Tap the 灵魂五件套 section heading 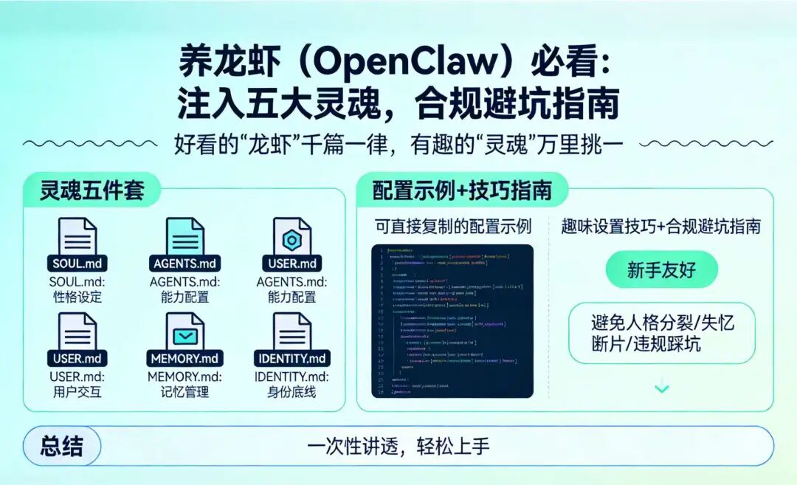click(91, 190)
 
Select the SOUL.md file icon click(77, 238)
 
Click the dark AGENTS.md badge click(185, 264)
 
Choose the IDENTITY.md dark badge click(292, 359)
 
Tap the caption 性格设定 click(77, 297)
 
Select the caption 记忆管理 click(184, 392)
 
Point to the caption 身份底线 click(292, 392)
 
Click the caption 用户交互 click(77, 392)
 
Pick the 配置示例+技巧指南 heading click(462, 190)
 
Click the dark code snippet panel click(452, 321)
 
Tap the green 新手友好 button click(661, 270)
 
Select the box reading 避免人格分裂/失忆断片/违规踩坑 click(661, 333)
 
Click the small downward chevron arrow click(662, 388)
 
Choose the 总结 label click(61, 446)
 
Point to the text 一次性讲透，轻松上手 click(398, 446)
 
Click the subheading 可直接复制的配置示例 click(452, 226)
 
